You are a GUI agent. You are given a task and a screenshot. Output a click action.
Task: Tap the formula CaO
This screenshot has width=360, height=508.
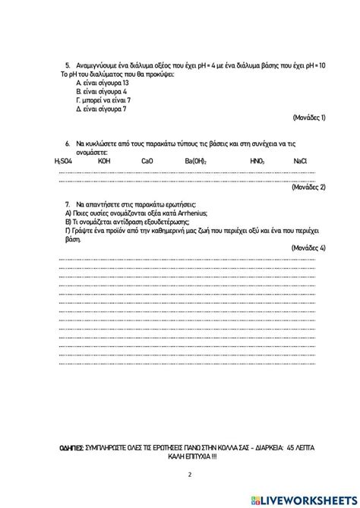[x=147, y=161]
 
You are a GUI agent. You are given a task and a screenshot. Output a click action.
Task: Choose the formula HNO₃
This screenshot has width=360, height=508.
[x=257, y=161]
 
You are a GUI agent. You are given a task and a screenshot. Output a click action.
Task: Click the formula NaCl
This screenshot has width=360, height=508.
[x=300, y=161]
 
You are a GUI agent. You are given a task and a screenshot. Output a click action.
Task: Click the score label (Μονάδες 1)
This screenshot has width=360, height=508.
[x=308, y=118]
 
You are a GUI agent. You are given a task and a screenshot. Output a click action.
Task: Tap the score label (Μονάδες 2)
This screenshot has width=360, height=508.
[x=308, y=187]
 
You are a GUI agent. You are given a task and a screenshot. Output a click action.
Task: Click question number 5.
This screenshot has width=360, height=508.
[x=68, y=66]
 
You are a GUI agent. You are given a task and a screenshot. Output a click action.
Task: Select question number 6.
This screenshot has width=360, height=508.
[x=68, y=143]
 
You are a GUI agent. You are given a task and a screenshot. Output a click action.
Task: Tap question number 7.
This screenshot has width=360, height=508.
[x=68, y=205]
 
